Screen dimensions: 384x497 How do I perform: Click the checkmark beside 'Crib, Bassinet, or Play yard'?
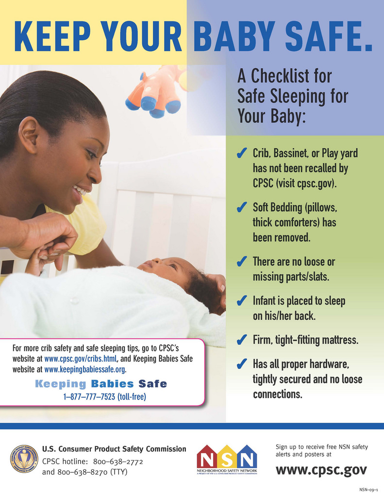point(242,153)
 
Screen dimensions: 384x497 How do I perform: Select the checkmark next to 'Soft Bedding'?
point(242,207)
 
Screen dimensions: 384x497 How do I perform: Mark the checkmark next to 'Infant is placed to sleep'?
point(242,300)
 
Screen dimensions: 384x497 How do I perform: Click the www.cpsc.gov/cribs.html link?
point(81,359)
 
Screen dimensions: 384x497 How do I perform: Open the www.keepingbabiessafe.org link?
point(84,369)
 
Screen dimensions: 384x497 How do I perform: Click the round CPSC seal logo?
point(24,459)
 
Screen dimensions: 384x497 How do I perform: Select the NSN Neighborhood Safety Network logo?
point(227,459)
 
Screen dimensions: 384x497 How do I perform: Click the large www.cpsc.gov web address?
point(321,470)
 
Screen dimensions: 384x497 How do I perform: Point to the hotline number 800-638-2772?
point(118,462)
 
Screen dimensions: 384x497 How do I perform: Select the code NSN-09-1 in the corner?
point(368,490)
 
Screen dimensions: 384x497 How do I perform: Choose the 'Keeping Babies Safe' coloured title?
point(101,384)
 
